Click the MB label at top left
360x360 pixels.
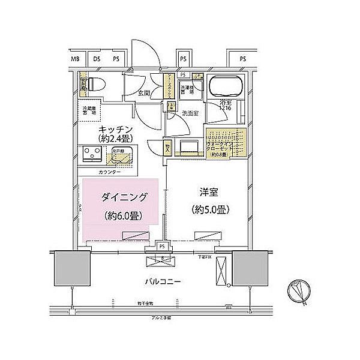[x=76, y=59]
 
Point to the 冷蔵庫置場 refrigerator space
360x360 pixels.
[x=90, y=112]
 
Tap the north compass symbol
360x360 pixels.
[x=298, y=292]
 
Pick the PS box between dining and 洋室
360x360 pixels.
[x=161, y=246]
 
